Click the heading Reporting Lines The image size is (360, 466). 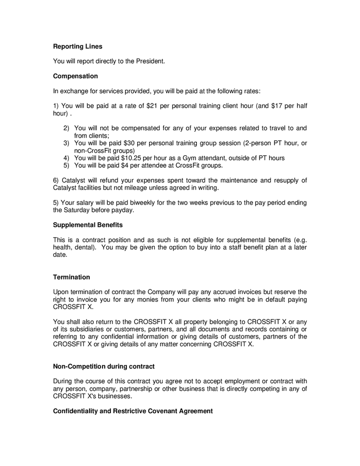tap(78, 46)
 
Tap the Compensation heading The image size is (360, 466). tap(75, 76)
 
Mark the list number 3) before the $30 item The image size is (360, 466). tap(66, 143)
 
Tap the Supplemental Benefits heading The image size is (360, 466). tap(88, 225)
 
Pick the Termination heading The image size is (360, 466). tap(71, 277)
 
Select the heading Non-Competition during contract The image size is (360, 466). tap(104, 367)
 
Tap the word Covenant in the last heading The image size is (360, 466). tap(164, 411)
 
